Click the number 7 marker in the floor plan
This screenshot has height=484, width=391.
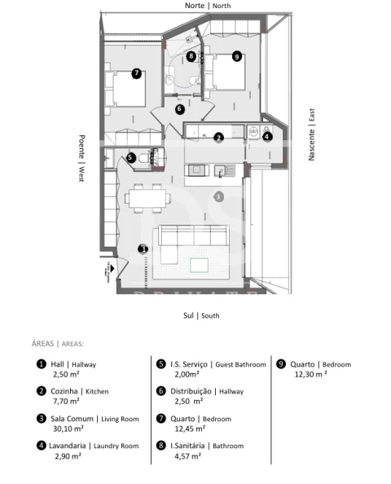(136, 73)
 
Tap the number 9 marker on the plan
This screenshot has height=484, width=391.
(237, 56)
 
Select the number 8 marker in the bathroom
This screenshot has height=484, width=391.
(191, 56)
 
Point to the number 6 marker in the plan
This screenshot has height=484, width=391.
(179, 108)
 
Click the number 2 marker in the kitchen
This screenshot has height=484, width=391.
(219, 138)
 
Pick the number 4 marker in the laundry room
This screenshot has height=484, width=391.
(267, 136)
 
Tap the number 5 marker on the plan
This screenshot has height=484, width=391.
(130, 157)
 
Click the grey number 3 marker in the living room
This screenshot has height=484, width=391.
(218, 196)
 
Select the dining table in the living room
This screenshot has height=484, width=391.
(147, 198)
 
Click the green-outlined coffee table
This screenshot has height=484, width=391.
(199, 265)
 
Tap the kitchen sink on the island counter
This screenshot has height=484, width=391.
(224, 170)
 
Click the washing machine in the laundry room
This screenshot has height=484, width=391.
(253, 132)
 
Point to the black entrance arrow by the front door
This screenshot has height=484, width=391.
(112, 269)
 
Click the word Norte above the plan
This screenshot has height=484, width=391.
(195, 6)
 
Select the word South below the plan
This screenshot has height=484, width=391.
(210, 316)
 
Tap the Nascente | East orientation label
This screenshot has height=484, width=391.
(312, 134)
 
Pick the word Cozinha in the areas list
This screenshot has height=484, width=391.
(64, 391)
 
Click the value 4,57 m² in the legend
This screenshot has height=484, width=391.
(187, 455)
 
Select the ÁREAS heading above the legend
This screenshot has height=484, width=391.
(42, 344)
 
